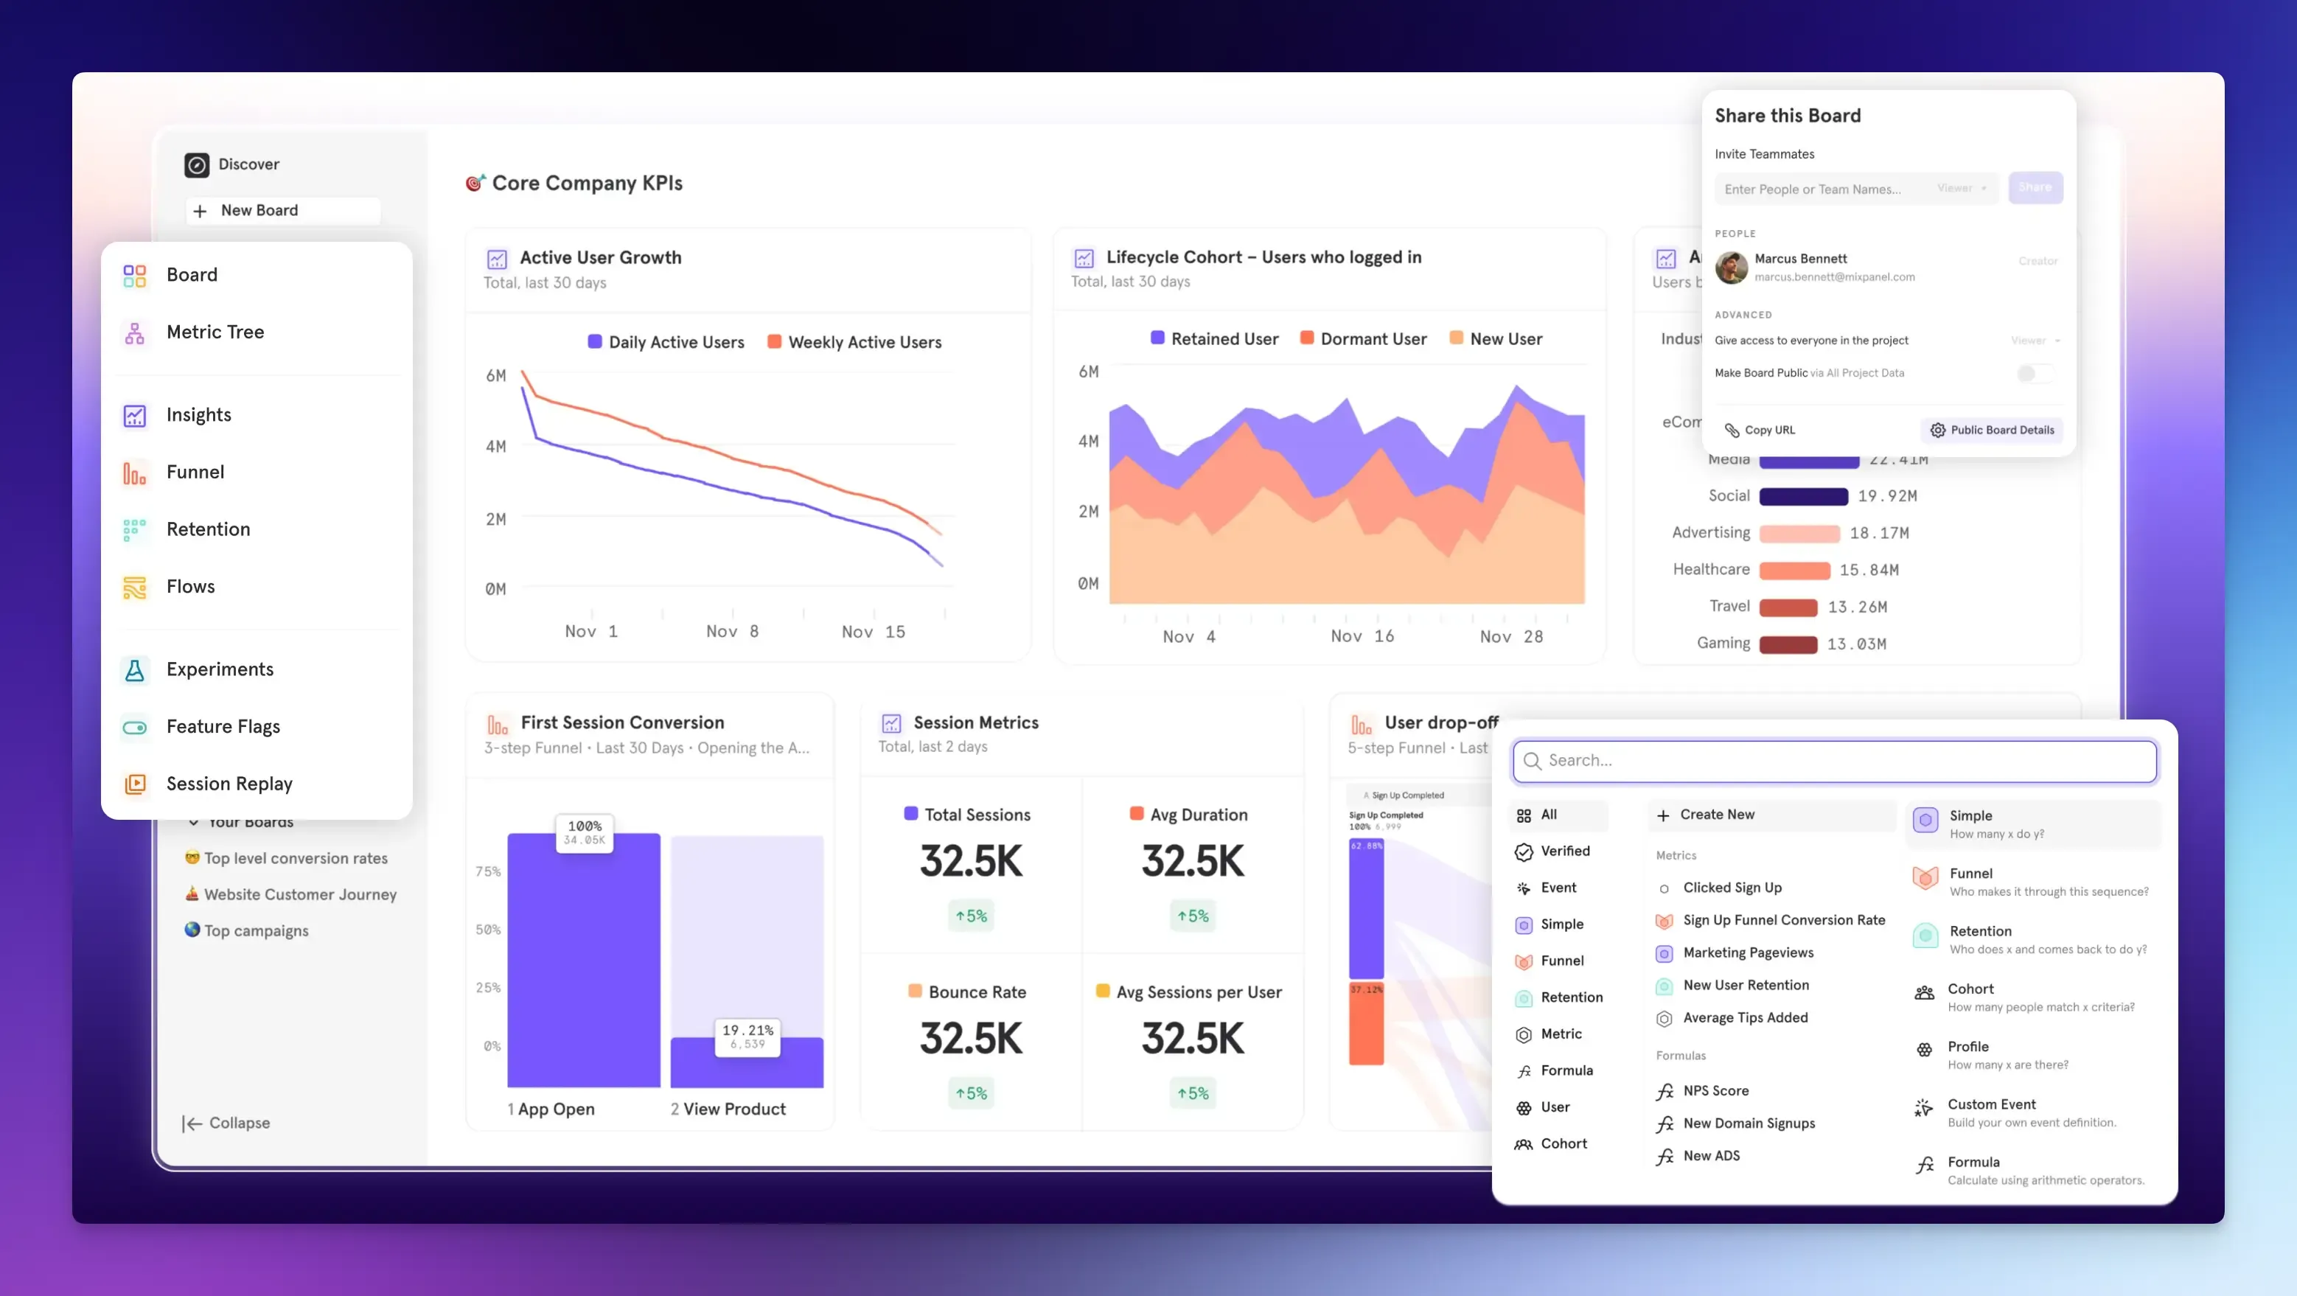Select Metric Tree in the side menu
215,332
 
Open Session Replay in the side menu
229,783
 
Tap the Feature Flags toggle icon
135,727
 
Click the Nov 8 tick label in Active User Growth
732,632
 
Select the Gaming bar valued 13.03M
1788,644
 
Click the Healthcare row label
1710,569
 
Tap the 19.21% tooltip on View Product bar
747,1037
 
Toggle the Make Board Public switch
2034,373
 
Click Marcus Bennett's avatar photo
1731,267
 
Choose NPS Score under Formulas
1715,1091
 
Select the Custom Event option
1990,1104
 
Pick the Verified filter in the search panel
1564,851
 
